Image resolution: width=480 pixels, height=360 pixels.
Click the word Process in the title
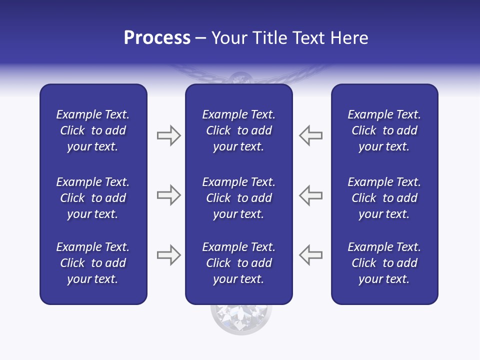(157, 38)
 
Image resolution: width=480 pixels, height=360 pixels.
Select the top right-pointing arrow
(168, 135)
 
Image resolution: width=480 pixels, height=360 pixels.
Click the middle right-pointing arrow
(168, 195)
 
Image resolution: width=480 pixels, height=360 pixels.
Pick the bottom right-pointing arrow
(168, 255)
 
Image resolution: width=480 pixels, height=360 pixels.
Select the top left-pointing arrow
(311, 135)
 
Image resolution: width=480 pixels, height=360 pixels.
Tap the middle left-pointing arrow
(311, 195)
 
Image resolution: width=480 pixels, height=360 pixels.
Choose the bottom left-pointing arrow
(311, 255)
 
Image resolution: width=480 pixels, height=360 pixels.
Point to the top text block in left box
(93, 130)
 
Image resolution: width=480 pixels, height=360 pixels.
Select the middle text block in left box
(93, 198)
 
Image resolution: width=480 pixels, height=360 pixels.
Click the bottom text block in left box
(93, 263)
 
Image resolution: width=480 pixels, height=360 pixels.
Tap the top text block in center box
(239, 130)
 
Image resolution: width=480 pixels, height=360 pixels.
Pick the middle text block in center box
(239, 198)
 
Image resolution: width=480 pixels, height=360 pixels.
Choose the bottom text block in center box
(239, 263)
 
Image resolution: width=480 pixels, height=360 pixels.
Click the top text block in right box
(384, 130)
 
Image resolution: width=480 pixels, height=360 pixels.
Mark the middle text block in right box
(384, 198)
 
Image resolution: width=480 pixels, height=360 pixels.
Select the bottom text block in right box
(384, 263)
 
